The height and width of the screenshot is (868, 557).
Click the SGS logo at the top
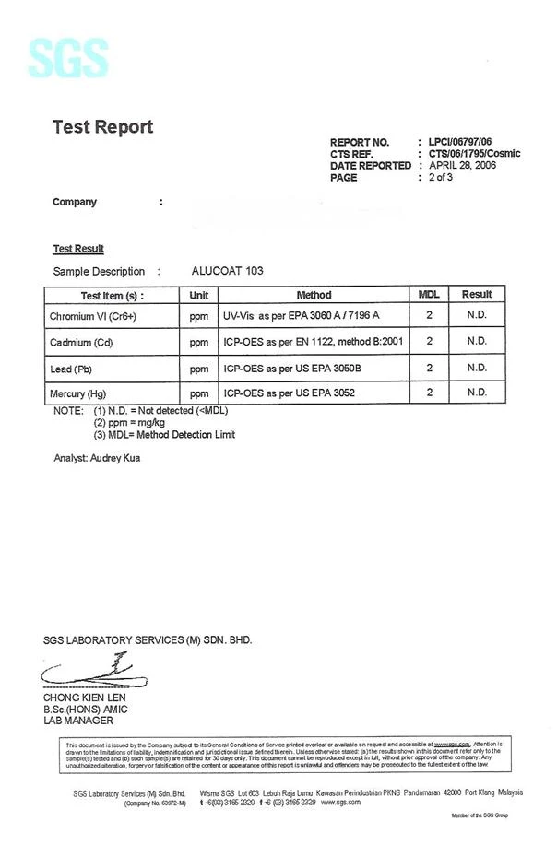coord(68,58)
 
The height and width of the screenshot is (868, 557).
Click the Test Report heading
coord(102,127)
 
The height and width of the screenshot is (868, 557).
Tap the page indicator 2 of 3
coord(441,178)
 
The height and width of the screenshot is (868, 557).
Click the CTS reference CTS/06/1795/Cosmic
coord(474,154)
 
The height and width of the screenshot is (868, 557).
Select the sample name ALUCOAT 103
coord(227,271)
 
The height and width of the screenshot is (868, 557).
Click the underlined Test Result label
coord(78,249)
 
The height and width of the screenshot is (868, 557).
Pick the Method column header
coord(314,295)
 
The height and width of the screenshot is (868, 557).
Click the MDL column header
coord(429,295)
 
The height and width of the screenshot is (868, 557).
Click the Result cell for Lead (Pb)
coord(477,368)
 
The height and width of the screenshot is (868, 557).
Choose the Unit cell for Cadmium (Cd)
coord(198,342)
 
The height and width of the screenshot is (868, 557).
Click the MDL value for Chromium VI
coord(429,316)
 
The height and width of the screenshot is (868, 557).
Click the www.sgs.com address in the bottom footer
coord(340,803)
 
